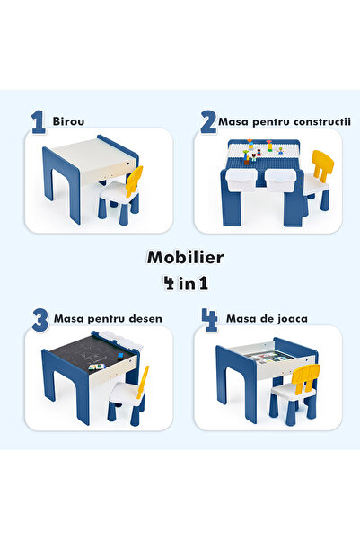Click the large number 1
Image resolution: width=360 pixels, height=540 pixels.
(39, 122)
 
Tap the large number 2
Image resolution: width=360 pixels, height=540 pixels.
(208, 122)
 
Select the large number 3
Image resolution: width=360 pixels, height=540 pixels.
(40, 319)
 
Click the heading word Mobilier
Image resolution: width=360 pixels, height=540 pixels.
(185, 257)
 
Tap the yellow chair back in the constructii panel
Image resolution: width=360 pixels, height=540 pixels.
(320, 167)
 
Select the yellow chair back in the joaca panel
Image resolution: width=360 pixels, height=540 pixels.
(308, 377)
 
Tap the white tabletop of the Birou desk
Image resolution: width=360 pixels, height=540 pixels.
(90, 155)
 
